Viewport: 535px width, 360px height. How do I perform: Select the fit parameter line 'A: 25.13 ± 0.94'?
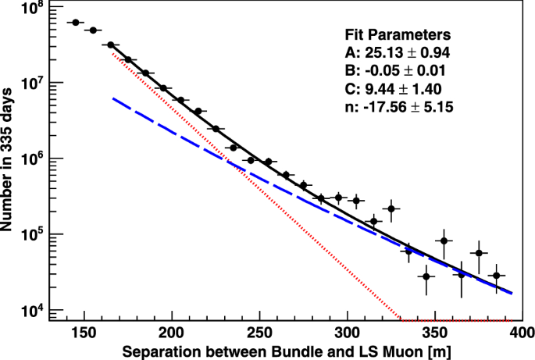click(398, 53)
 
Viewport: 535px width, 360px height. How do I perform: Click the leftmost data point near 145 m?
click(76, 23)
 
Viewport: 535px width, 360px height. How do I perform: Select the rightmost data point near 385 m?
click(495, 275)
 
